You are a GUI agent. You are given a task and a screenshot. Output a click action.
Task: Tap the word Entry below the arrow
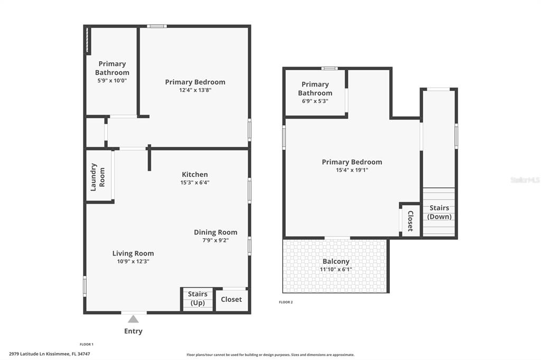[133, 331]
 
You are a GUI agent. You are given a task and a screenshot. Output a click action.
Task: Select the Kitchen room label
[195, 175]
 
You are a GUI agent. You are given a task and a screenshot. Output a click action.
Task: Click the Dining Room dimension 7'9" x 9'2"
[216, 240]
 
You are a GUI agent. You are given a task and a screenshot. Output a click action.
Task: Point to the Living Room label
[133, 253]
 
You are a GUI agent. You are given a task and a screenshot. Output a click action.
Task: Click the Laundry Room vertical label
[98, 177]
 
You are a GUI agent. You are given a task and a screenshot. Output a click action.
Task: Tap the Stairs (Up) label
[198, 299]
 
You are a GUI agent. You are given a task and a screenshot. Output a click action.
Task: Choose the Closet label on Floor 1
[231, 299]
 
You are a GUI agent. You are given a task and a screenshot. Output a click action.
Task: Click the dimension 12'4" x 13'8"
[195, 90]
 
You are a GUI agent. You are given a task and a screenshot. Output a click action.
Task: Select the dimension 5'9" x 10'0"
[112, 81]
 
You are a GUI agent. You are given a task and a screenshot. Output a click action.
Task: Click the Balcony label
[336, 262]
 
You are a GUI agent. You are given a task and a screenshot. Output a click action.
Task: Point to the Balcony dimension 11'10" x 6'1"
[336, 270]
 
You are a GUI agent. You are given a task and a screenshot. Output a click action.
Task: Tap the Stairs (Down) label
[439, 212]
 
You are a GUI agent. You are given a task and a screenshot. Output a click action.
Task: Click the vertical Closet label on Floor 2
[411, 221]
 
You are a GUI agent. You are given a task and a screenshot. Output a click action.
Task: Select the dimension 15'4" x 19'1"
[352, 170]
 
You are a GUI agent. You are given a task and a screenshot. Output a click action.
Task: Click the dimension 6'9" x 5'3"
[315, 101]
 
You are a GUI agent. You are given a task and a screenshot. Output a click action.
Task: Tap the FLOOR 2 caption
[286, 302]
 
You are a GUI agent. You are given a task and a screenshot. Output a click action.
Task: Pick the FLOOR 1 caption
[87, 344]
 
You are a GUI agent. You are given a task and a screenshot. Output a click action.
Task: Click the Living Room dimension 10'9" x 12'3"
[133, 261]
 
